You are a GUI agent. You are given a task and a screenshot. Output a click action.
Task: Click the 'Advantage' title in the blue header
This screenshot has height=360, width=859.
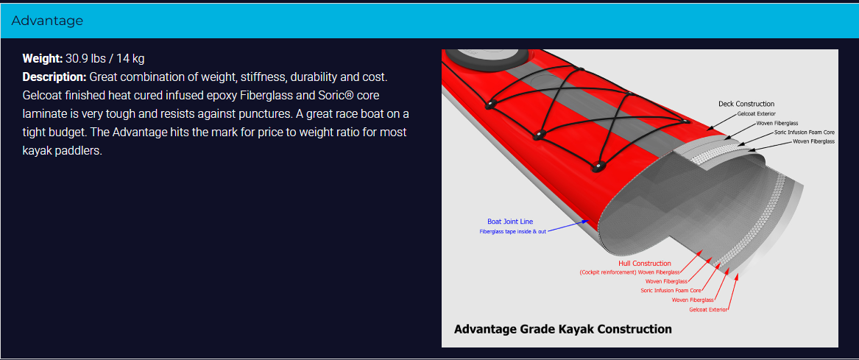pos(47,21)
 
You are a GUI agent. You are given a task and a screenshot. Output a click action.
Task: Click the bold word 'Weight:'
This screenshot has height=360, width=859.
pos(43,58)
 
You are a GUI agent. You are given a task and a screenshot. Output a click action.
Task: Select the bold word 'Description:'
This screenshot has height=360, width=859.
pos(54,77)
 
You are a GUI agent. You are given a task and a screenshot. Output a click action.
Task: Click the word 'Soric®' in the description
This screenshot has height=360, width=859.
pos(334,96)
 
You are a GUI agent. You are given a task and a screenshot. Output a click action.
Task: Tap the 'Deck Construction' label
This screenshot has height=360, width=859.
pos(746,104)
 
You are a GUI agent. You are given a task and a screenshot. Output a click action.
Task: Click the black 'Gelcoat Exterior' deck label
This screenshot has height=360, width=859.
pos(757,113)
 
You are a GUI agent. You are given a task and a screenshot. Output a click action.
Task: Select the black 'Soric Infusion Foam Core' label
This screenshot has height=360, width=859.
pos(805,132)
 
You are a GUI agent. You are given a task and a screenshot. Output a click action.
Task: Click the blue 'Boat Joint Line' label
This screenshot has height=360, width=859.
pos(510,222)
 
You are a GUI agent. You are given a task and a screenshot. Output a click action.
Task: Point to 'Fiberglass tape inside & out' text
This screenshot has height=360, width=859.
pos(512,231)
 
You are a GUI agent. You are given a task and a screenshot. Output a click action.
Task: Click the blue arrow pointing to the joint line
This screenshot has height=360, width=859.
pos(568,226)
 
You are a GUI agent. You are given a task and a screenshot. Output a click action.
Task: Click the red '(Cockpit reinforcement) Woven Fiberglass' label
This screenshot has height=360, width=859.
pos(629,272)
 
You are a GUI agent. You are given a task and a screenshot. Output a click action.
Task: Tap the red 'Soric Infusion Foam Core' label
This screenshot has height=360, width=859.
pos(671,290)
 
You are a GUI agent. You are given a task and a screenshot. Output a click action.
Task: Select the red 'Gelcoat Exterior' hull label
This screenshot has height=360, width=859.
pos(708,310)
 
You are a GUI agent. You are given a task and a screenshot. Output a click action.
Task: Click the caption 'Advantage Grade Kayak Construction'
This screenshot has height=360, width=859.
pos(562,329)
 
